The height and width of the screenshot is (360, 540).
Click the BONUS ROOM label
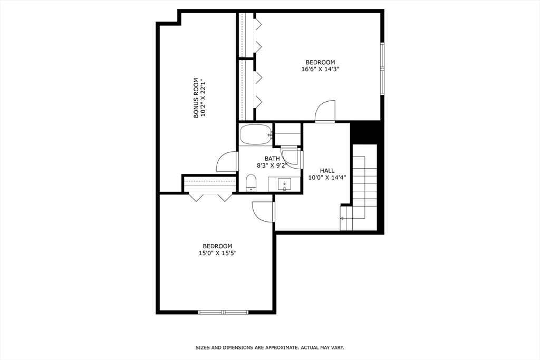196,98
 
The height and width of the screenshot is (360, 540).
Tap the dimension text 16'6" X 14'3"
320,69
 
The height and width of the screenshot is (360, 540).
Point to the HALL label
327,170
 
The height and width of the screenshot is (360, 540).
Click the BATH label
272,159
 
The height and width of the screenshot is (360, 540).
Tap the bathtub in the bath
255,134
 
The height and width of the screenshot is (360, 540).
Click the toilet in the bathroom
252,183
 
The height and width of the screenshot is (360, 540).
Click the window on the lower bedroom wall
223,312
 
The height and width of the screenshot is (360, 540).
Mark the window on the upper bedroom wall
382,68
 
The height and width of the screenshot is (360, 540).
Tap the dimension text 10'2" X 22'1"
203,98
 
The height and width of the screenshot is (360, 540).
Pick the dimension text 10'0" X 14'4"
327,178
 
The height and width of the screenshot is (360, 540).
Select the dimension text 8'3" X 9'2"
272,165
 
